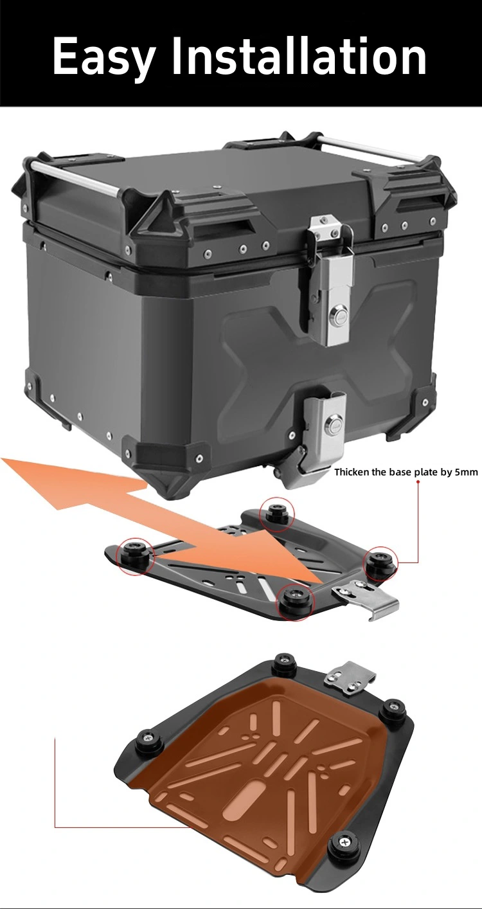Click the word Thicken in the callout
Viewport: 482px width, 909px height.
(352, 472)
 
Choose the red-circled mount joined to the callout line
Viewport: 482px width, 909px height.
(381, 562)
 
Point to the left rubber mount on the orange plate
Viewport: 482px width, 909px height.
(147, 735)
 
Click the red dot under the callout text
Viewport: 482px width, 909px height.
(418, 482)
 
